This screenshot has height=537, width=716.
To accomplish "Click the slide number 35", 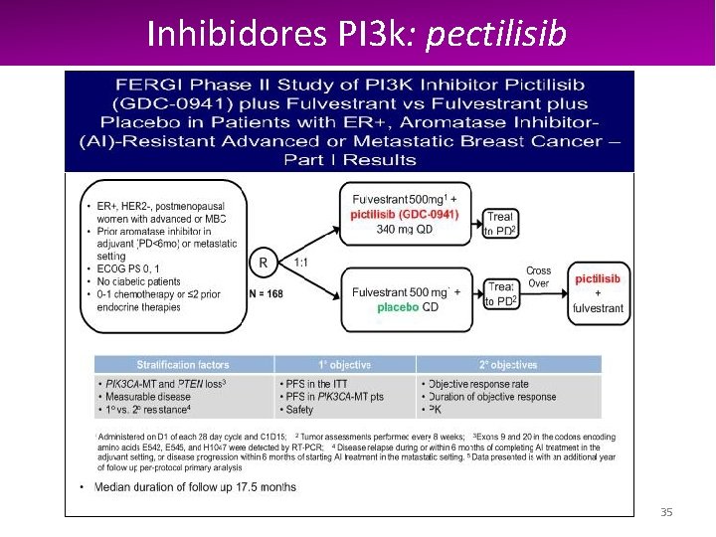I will [x=666, y=512].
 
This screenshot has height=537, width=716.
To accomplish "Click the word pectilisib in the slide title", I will [x=495, y=34].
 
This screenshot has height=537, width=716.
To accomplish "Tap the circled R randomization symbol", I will [x=264, y=263].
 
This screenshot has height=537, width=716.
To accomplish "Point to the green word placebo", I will [x=398, y=307].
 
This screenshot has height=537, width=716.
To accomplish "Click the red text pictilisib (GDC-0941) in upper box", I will [x=404, y=215].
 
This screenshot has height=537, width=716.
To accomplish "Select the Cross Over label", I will [x=539, y=276].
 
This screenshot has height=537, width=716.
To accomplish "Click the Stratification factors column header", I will [x=184, y=365].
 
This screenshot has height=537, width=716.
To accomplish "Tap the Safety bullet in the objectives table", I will [x=298, y=410].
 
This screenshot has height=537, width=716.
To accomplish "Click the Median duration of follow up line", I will [x=195, y=487].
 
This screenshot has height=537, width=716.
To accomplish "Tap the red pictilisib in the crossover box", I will [x=598, y=279].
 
